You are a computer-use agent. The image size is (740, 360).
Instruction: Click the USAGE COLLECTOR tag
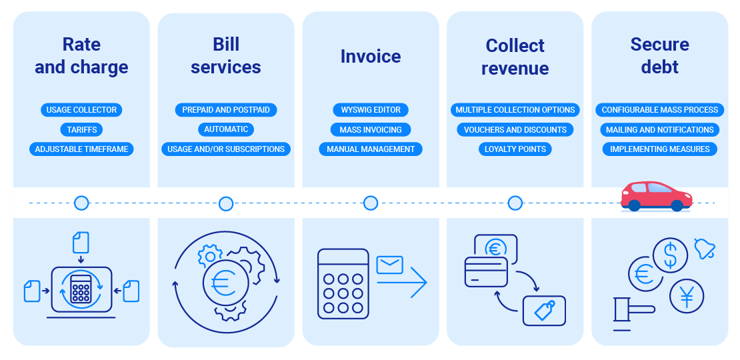coord(81,110)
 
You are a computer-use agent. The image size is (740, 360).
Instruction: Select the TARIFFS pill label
coord(81,129)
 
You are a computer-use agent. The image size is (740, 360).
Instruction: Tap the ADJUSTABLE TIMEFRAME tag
coord(81,149)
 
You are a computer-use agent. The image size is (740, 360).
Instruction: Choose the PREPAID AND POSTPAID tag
coord(226,110)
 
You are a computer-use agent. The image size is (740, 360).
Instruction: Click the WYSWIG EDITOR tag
coord(371,110)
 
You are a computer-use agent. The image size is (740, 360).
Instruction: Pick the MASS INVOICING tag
coord(371,129)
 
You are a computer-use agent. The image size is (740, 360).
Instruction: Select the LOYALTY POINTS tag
coord(515,149)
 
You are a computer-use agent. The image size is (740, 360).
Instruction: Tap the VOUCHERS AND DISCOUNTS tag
coord(515,129)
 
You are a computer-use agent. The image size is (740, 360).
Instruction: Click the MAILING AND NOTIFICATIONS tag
coord(660,129)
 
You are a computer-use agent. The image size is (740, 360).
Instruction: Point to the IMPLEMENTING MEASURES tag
coord(660,149)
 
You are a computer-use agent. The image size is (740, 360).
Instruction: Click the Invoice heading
coord(371,56)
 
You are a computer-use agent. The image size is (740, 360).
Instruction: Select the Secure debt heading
coord(660,56)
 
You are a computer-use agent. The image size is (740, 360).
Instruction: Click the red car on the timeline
coord(657,197)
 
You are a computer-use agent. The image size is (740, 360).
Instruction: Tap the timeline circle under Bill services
coord(226,203)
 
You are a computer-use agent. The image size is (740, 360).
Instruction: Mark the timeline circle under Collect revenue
coord(515,203)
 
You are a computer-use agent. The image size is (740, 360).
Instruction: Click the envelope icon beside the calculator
coord(390,265)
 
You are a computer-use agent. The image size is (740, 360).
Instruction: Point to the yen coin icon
coord(687,297)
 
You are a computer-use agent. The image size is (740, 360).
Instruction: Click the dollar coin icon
coord(670,255)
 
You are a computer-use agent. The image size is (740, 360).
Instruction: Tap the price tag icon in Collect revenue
coord(545,311)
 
